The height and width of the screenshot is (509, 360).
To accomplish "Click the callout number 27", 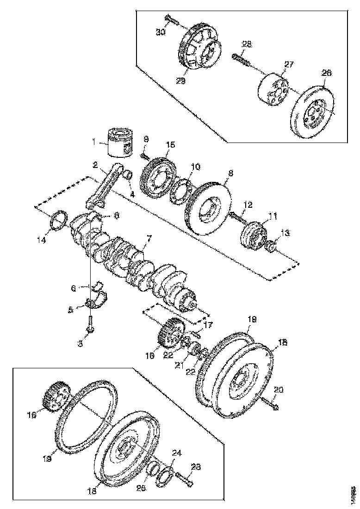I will [289, 65].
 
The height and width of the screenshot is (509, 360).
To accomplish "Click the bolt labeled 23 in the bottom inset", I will [186, 481].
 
